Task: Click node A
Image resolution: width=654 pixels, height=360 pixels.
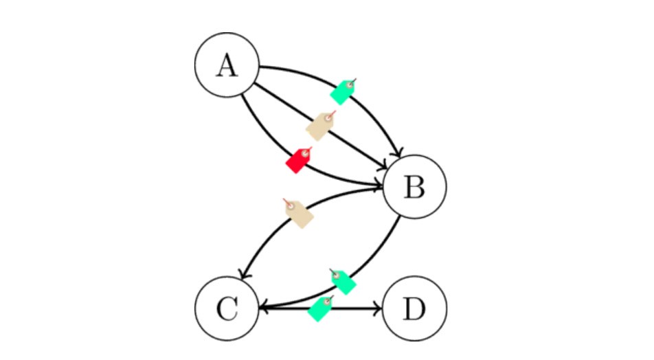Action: [x=226, y=67]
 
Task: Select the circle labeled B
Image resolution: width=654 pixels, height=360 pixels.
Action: [x=414, y=187]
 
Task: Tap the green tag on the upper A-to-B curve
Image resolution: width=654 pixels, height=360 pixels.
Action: [x=342, y=90]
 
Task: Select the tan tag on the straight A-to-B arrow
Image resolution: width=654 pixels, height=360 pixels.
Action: [x=320, y=126]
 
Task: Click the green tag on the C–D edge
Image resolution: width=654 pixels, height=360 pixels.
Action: [x=320, y=308]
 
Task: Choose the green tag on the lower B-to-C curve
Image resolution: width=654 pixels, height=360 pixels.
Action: [x=342, y=280]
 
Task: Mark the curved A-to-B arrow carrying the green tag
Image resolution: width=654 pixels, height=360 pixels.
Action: [x=374, y=110]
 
